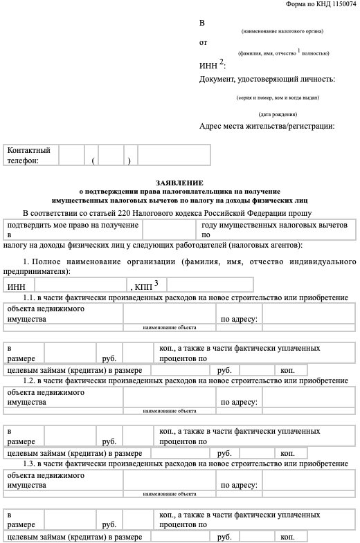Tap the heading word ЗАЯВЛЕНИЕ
[179, 182]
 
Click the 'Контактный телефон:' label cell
[32, 155]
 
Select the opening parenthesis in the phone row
[92, 160]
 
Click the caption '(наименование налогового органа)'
[282, 32]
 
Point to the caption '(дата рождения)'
[278, 114]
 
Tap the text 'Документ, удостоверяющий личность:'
[267, 80]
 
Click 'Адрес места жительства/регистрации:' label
[267, 126]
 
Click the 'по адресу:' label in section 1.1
[240, 320]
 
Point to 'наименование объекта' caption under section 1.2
[170, 411]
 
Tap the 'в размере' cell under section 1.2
[24, 436]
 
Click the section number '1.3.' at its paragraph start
[29, 463]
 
